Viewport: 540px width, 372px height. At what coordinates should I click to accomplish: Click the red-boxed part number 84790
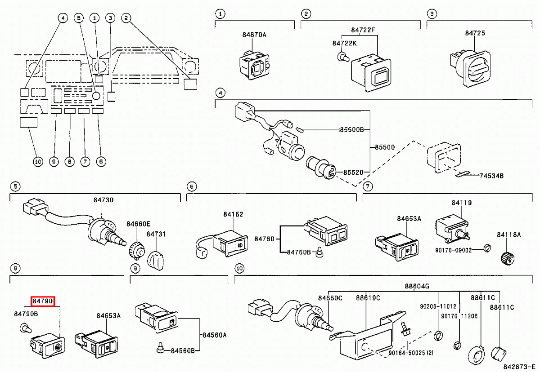pos(43,301)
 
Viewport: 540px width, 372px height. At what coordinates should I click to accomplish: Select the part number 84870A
pos(254,34)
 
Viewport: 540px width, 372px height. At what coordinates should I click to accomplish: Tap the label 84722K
pos(344,43)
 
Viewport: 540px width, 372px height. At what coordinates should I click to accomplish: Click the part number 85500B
pos(351,130)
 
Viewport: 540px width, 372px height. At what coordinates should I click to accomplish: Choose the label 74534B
pos(491,175)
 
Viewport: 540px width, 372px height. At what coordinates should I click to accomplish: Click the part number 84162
pos(233,214)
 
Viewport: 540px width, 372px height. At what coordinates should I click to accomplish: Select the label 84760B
pos(299,252)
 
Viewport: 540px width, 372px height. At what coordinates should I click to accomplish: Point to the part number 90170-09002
pos(453,250)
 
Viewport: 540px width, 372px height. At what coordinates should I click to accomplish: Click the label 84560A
pos(214,335)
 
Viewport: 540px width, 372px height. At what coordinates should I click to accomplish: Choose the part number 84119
pos(462,203)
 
